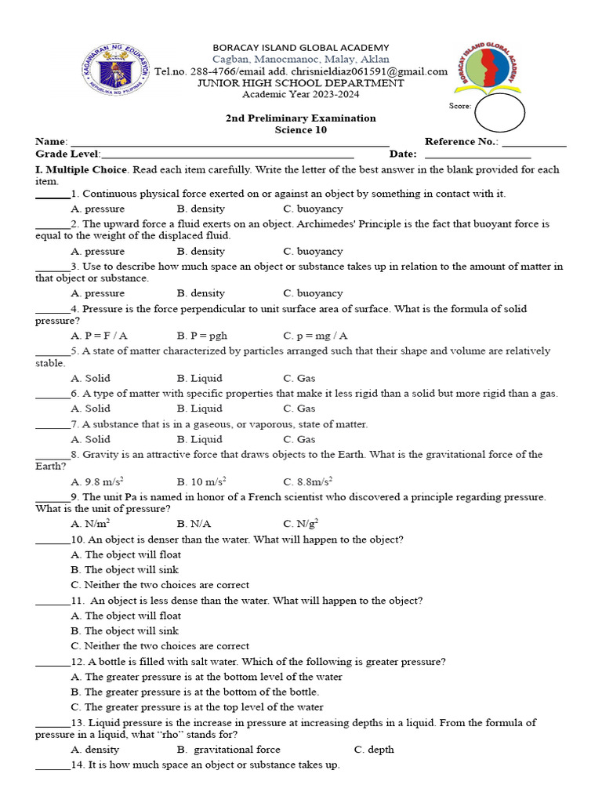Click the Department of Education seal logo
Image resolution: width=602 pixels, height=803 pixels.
[x=117, y=69]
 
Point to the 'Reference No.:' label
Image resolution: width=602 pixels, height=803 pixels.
[x=461, y=142]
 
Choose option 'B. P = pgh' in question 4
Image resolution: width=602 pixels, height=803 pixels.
[x=202, y=336]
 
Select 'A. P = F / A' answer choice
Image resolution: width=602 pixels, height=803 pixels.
[x=99, y=336]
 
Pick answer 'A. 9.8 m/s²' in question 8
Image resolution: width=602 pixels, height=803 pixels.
[x=97, y=481]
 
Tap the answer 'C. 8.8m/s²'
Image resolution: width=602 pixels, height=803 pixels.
[x=308, y=481]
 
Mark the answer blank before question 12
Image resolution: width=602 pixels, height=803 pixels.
[x=53, y=663]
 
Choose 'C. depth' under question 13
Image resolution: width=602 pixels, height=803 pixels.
[x=374, y=750]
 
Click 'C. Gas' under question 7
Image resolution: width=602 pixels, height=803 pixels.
[x=299, y=439]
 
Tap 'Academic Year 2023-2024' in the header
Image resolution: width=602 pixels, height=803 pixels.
[x=300, y=94]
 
